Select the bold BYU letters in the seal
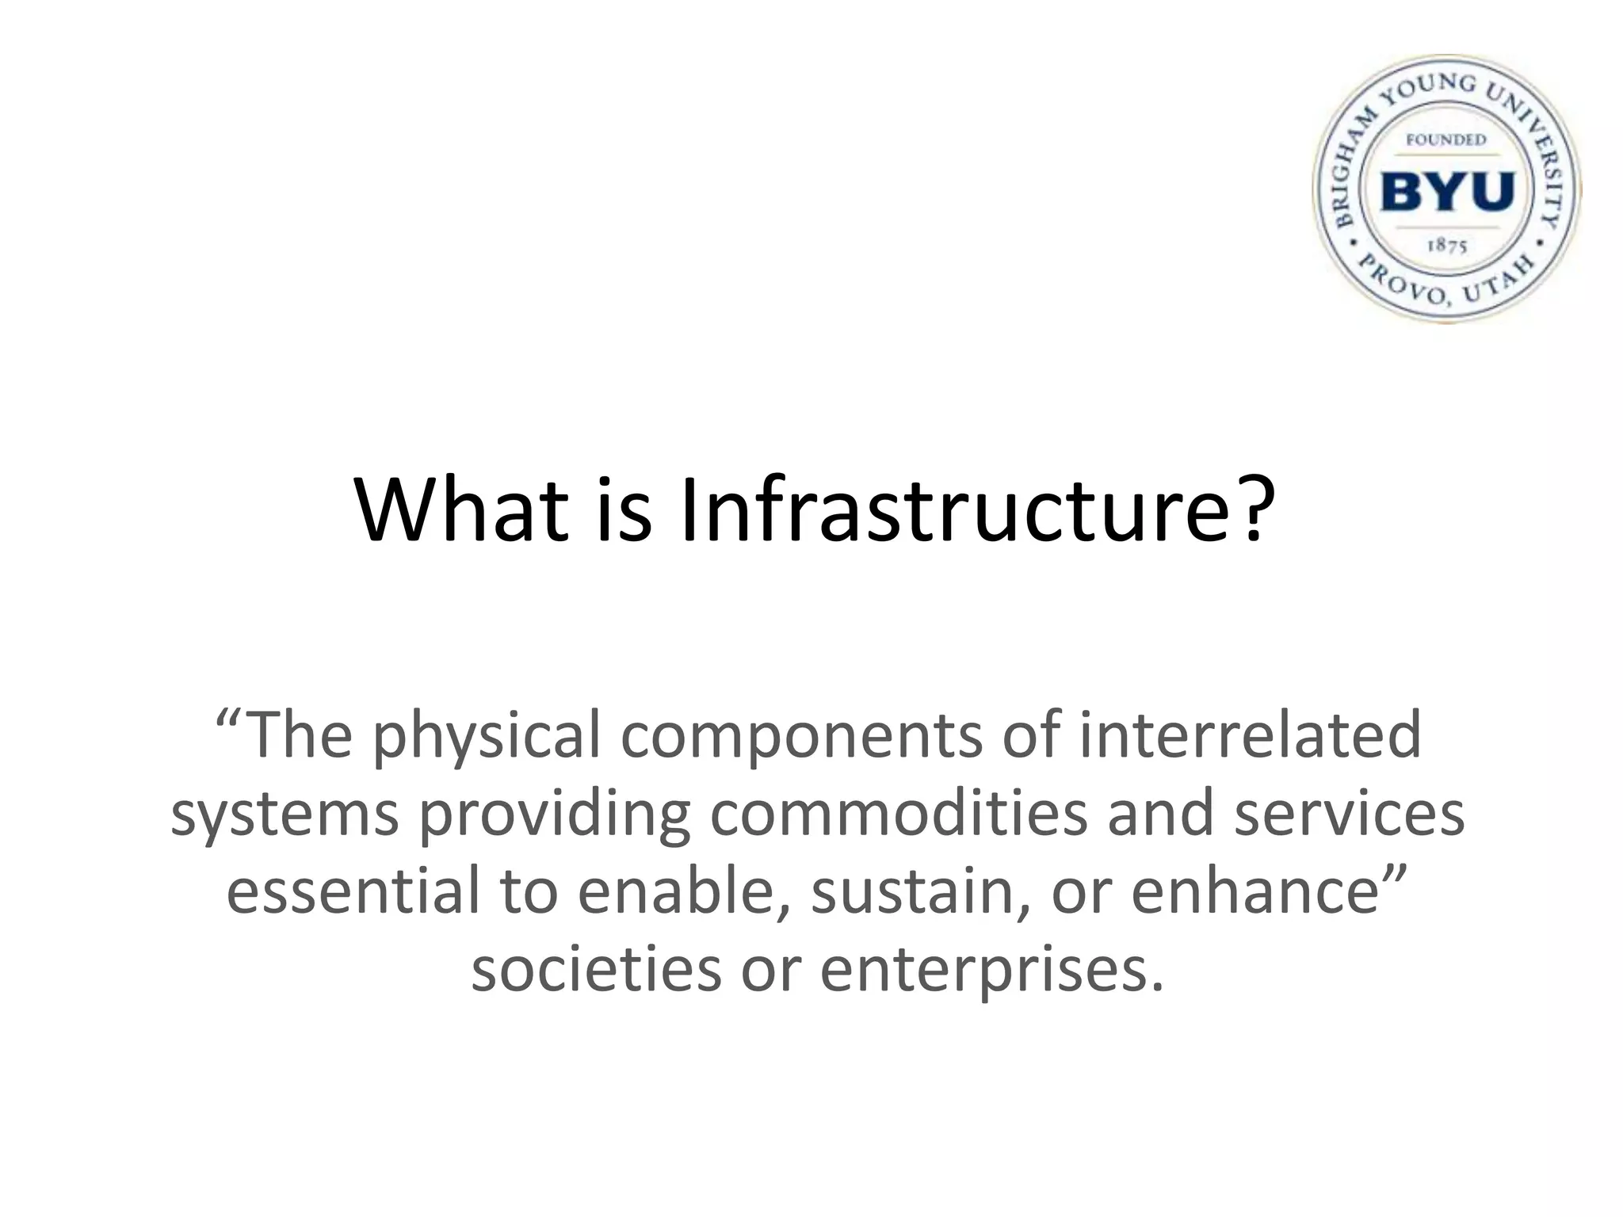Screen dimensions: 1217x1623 (x=1447, y=192)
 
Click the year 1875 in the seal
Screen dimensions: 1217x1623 (x=1447, y=246)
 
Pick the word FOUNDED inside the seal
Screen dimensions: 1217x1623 (x=1446, y=140)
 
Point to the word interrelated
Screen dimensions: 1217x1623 (x=1250, y=735)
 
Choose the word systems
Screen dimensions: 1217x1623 (x=285, y=815)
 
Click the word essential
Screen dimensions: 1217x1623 (x=353, y=891)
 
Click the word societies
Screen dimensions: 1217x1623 (x=596, y=969)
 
